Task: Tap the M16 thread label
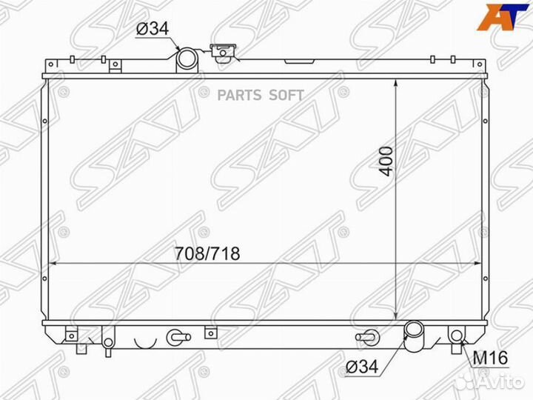[x=489, y=359]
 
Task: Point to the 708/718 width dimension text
[x=207, y=253]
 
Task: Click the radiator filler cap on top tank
[x=221, y=52]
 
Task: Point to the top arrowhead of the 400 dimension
[x=398, y=81]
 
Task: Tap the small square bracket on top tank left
[x=115, y=65]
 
